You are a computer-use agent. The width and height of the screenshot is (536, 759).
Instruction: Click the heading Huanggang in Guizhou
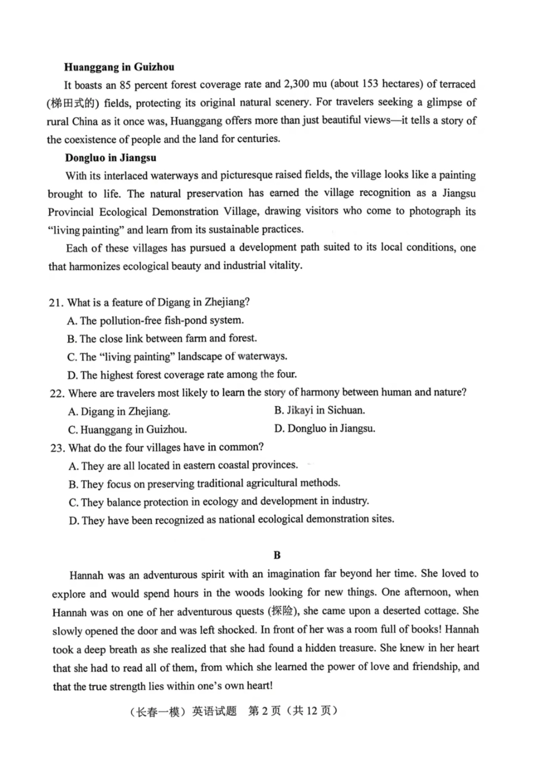pos(119,67)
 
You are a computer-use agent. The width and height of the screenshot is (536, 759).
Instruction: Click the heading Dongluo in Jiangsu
pos(111,158)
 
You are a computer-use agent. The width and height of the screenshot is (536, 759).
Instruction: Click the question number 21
pos(56,302)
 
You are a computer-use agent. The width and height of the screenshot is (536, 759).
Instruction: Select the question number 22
pos(57,393)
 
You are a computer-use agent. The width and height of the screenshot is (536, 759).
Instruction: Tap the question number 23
pos(58,448)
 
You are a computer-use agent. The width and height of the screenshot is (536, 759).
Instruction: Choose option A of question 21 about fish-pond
pos(155,321)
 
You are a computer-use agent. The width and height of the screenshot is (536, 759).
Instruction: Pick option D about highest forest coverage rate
pos(182,375)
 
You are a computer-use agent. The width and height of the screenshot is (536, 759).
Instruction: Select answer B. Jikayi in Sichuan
pos(319,410)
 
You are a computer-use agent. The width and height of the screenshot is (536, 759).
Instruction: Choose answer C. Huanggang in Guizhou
pos(128,429)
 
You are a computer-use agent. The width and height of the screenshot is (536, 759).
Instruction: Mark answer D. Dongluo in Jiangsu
pos(324,428)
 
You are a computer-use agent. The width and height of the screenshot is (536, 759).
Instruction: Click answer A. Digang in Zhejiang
pos(119,411)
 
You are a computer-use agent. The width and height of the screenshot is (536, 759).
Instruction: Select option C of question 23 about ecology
pos(219,502)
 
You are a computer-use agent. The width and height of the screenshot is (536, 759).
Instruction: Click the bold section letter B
pos(277,555)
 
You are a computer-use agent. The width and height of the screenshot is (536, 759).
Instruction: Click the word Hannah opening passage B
pos(86,576)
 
